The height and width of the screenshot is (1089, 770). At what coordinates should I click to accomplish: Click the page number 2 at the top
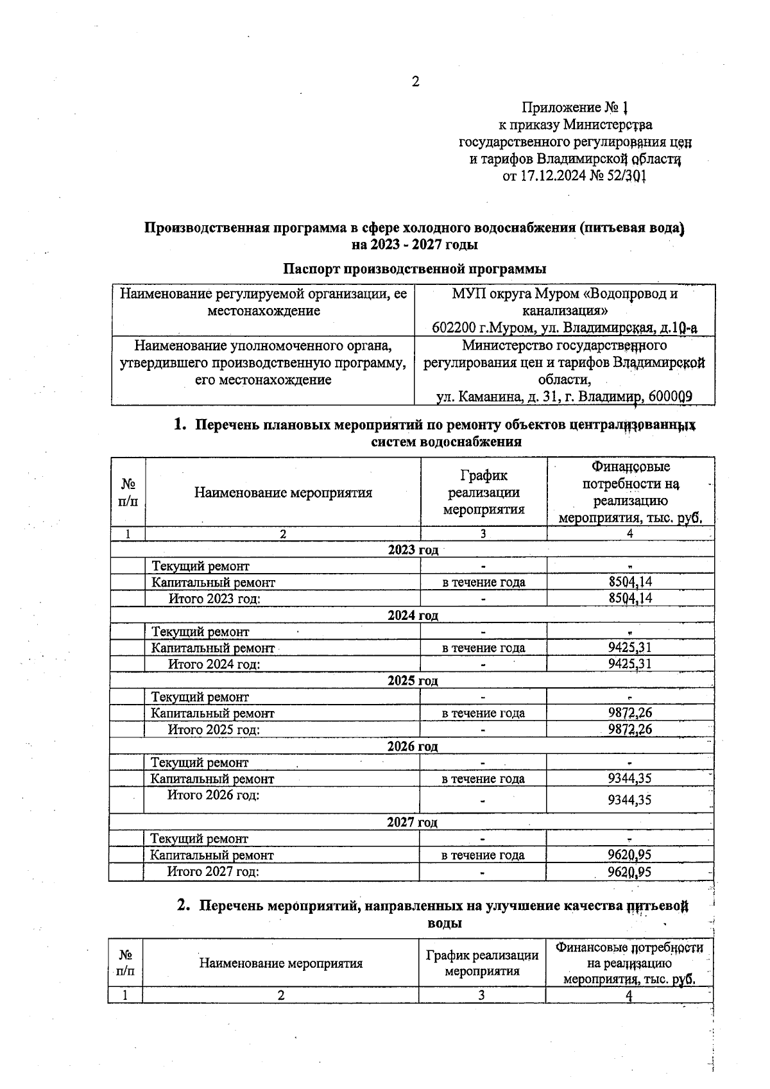(415, 81)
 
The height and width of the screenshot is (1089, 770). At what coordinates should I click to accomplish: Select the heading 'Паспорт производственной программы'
(415, 268)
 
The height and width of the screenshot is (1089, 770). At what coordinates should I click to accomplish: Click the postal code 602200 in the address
(453, 328)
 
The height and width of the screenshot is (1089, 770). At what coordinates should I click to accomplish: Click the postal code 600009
(670, 397)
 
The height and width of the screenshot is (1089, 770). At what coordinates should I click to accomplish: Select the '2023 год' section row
(413, 550)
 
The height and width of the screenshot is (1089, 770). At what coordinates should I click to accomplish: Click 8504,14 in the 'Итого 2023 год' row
(630, 598)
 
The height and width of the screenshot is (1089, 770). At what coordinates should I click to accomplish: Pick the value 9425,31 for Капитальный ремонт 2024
(630, 647)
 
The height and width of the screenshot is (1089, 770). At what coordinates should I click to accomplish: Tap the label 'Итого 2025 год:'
(214, 730)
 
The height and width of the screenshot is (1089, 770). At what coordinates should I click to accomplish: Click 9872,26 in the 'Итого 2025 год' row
(630, 730)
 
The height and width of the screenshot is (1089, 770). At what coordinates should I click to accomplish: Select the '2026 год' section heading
(412, 746)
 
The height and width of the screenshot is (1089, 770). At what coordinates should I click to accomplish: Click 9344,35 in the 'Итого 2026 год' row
(630, 800)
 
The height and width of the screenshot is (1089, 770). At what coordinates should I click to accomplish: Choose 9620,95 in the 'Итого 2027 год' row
(630, 871)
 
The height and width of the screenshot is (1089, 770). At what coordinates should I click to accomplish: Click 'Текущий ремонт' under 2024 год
(200, 631)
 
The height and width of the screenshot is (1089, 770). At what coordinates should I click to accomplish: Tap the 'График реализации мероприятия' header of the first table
(483, 492)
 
